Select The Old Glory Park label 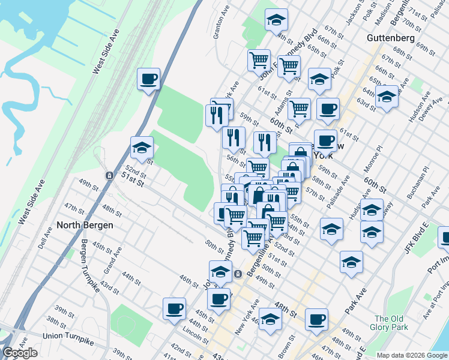[391, 323]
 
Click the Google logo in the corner [20, 353]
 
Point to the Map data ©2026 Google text [412, 355]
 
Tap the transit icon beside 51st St [109, 176]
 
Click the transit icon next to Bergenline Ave [238, 274]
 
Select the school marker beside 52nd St [142, 148]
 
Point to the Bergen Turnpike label [90, 266]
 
